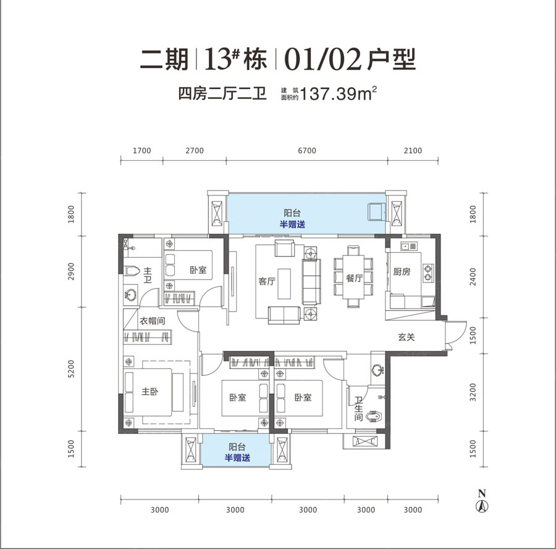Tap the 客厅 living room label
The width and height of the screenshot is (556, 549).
[x=267, y=281]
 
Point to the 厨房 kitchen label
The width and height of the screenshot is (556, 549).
[x=402, y=271]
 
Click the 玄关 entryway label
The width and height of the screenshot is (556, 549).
[x=405, y=337]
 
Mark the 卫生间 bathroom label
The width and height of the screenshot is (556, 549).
[x=358, y=408]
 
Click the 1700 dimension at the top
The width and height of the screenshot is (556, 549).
[x=141, y=150]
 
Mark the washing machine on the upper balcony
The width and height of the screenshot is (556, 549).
[x=375, y=212]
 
